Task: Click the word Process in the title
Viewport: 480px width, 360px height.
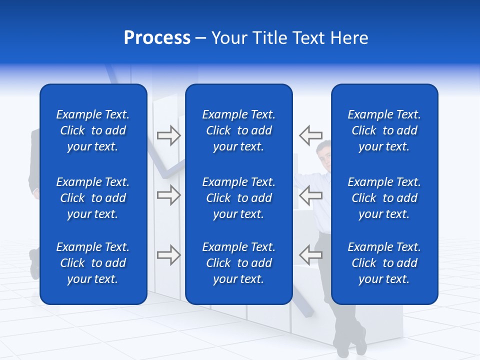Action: click(157, 38)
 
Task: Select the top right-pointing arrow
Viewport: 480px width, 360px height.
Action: click(168, 135)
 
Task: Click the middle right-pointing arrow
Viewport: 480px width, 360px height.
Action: click(168, 195)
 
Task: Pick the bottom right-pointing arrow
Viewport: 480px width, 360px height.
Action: click(168, 255)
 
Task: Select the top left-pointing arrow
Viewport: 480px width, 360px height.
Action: click(310, 135)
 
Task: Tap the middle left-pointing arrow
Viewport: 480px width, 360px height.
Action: click(310, 195)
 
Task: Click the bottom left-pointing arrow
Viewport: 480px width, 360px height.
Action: click(310, 254)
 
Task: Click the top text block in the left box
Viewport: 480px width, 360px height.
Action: click(93, 130)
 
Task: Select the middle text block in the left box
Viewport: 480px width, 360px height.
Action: click(93, 198)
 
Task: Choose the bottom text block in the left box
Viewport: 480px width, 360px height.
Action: click(93, 263)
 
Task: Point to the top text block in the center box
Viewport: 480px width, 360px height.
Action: click(239, 130)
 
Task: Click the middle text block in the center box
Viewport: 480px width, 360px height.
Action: click(239, 198)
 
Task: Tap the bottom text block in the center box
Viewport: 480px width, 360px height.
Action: click(239, 263)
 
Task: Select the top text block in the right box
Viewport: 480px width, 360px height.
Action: click(384, 130)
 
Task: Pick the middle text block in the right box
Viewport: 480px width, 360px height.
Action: click(384, 198)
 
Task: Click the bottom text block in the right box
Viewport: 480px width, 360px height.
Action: click(384, 263)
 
